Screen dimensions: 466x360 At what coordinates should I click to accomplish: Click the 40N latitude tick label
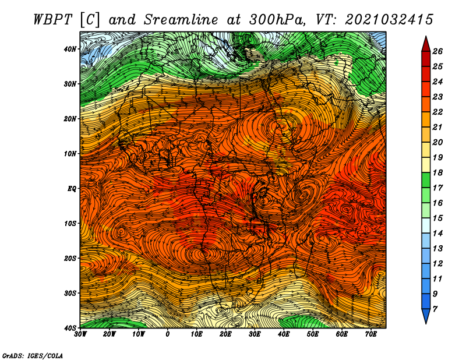(70, 49)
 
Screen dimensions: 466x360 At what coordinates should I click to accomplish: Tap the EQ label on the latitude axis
(72, 189)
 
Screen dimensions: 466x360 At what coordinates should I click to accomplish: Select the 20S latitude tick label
(70, 258)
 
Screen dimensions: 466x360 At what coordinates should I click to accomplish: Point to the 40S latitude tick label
(70, 328)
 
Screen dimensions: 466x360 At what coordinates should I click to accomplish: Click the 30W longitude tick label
(80, 334)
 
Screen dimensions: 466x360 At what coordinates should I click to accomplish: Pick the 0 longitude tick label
(168, 334)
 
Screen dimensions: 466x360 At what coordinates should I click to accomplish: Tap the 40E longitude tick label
(284, 334)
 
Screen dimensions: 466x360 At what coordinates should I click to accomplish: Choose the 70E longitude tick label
(371, 334)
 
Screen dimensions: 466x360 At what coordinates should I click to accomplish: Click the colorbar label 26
(437, 51)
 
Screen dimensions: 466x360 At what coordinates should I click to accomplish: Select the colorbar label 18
(437, 172)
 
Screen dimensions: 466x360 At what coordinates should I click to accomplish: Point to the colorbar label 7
(435, 309)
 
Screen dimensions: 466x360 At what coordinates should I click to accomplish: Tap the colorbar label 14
(437, 234)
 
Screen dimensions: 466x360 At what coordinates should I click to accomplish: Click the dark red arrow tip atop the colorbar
(426, 37)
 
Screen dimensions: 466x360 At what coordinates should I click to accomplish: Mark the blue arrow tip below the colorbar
(426, 323)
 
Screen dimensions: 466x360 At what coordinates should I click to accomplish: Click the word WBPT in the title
(53, 20)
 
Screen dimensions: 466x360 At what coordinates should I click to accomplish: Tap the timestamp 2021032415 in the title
(389, 20)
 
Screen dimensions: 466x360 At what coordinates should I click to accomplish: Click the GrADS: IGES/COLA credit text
(33, 356)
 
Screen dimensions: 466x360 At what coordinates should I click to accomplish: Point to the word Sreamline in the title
(181, 20)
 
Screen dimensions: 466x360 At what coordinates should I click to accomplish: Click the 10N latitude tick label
(70, 154)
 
